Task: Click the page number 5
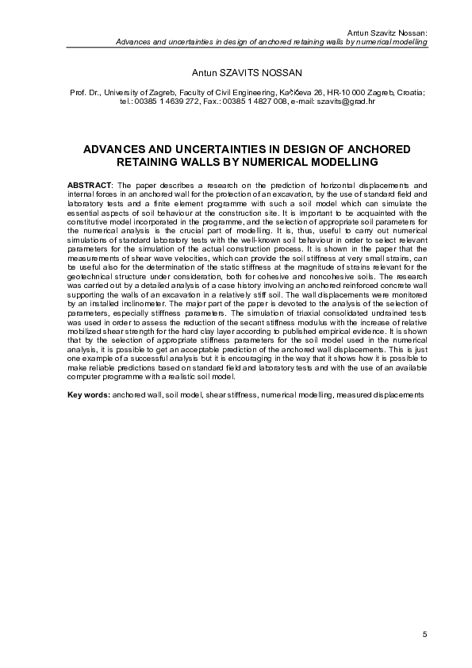point(425,634)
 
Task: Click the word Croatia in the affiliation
point(408,93)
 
